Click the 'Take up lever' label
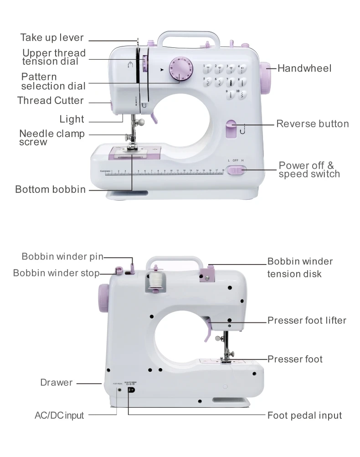pyautogui.click(x=52, y=37)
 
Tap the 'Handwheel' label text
pyautogui.click(x=304, y=68)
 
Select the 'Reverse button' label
pyautogui.click(x=313, y=124)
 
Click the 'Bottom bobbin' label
pyautogui.click(x=51, y=189)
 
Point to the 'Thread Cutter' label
pyautogui.click(x=51, y=100)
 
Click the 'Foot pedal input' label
pyautogui.click(x=305, y=415)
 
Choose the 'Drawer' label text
pyautogui.click(x=57, y=382)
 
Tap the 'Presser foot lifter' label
pyautogui.click(x=307, y=320)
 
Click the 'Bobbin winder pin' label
pyautogui.click(x=62, y=256)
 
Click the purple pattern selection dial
pyautogui.click(x=181, y=69)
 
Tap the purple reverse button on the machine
pyautogui.click(x=231, y=129)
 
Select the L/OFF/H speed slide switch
pyautogui.click(x=237, y=170)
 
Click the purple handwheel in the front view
pyautogui.click(x=266, y=78)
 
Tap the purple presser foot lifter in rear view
pyautogui.click(x=208, y=330)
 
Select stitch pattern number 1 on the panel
pyautogui.click(x=208, y=69)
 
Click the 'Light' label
pyautogui.click(x=72, y=119)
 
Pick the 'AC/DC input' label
pyautogui.click(x=59, y=415)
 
